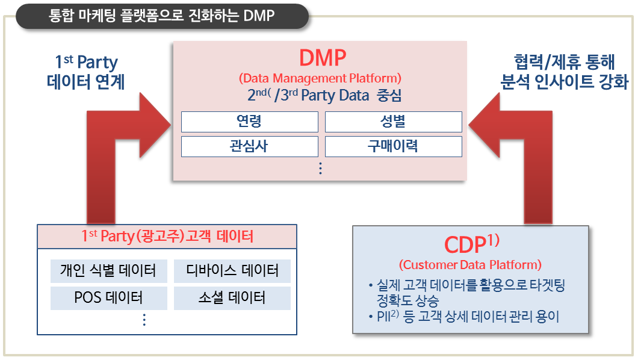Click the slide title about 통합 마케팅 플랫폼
click(x=162, y=16)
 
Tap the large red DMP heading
click(x=322, y=58)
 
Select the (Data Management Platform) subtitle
click(x=320, y=78)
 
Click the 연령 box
click(x=249, y=122)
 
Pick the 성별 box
click(x=393, y=122)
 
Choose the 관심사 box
click(x=249, y=146)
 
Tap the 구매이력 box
click(x=393, y=146)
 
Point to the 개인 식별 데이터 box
click(x=108, y=271)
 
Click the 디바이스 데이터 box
click(x=232, y=271)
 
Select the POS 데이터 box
click(x=108, y=298)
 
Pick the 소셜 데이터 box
click(x=232, y=298)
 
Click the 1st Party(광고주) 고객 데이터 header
click(x=167, y=236)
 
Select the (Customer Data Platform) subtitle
click(x=470, y=264)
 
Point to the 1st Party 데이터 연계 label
click(x=85, y=72)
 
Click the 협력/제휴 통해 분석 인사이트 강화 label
click(x=565, y=72)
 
